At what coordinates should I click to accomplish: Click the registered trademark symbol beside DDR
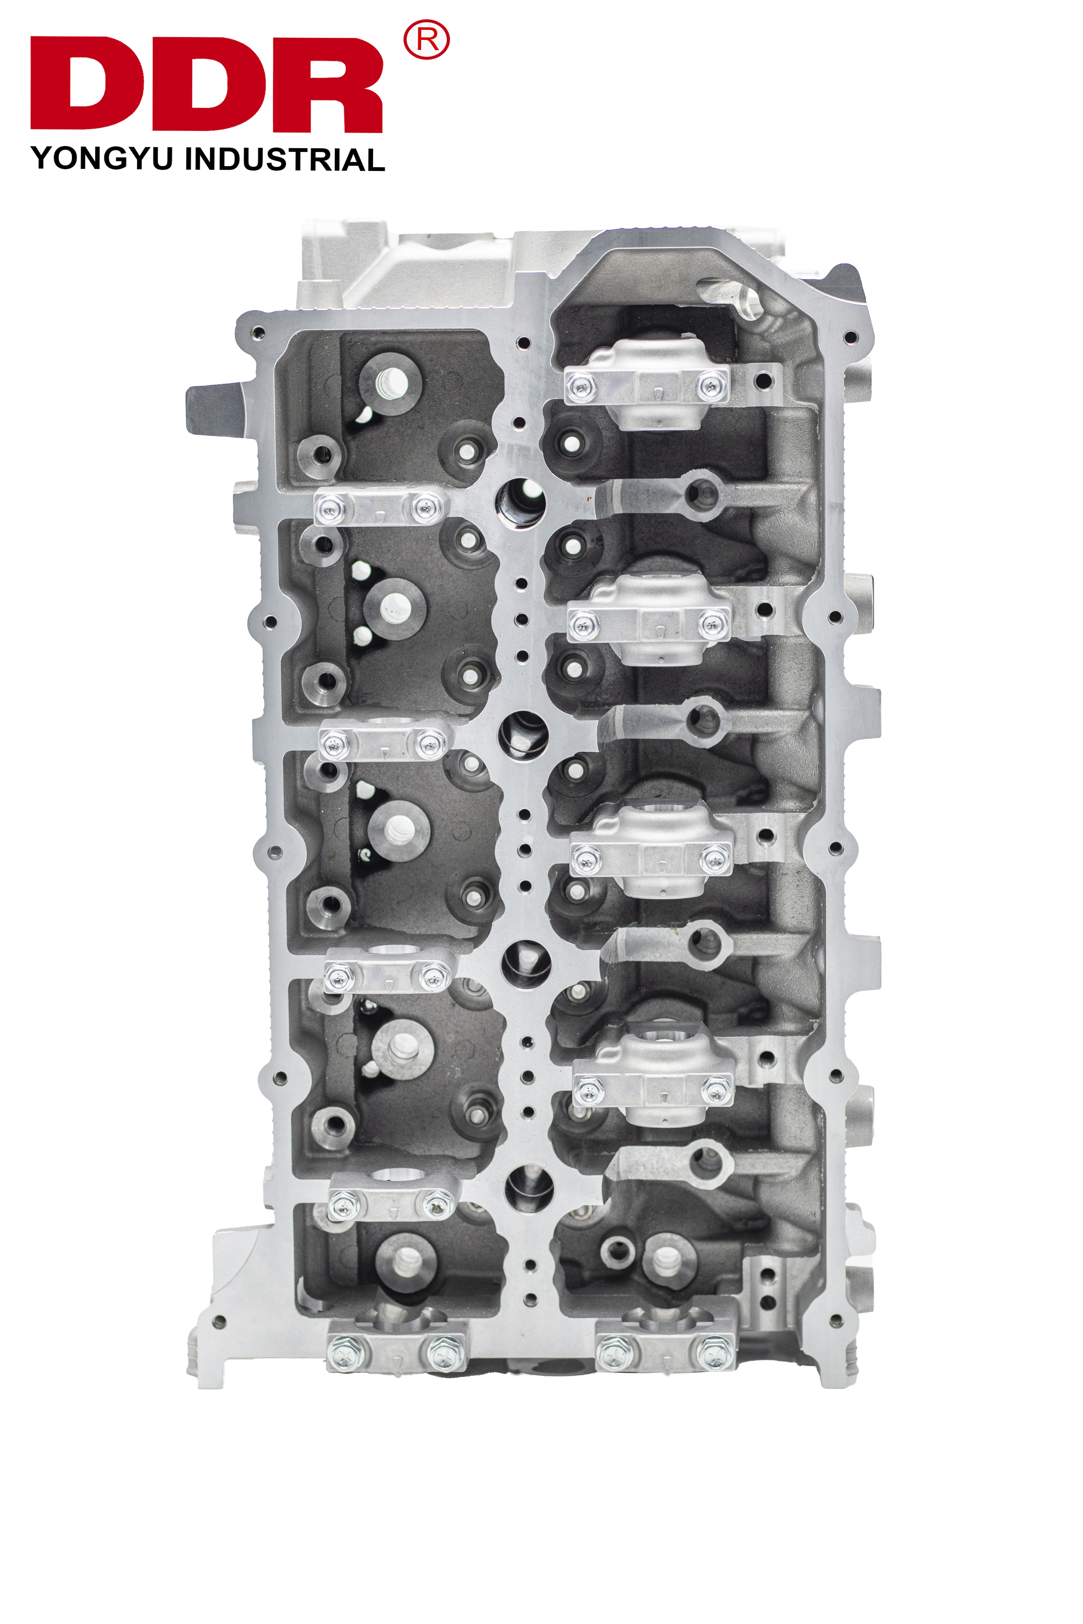click(426, 40)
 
